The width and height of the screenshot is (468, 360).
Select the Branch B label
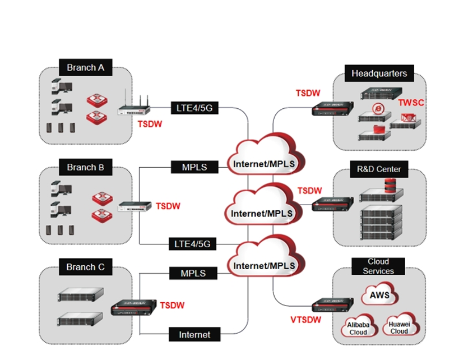tap(85, 167)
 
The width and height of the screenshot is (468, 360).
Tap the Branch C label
tap(85, 267)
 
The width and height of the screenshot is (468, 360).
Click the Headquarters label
tap(379, 73)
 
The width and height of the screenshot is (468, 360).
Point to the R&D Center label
tap(379, 169)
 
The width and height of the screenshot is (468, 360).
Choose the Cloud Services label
tap(378, 266)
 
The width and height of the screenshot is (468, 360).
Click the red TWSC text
tap(411, 103)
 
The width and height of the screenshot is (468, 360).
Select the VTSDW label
tap(306, 320)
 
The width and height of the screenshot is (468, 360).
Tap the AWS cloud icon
tap(379, 296)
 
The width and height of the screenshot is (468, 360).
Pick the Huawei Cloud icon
tap(399, 326)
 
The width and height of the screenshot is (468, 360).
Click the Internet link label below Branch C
tap(194, 335)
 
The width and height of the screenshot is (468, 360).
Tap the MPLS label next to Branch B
tap(194, 167)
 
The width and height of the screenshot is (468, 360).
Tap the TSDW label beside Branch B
tap(168, 206)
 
